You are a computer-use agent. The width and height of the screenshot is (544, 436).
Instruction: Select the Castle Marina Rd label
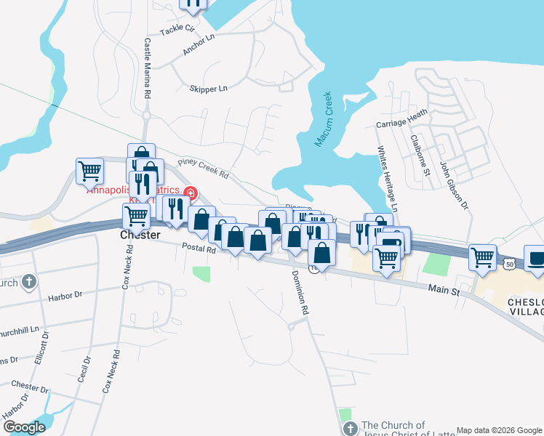coord(147,68)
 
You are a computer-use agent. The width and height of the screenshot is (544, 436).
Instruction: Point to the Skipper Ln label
coord(208,88)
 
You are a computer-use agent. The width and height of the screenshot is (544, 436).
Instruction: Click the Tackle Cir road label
coord(178,30)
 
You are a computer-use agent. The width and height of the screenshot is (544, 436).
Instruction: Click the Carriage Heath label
coord(401,119)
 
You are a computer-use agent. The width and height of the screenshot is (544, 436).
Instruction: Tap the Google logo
coord(24,427)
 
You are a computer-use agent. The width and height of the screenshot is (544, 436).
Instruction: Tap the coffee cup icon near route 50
coord(536,259)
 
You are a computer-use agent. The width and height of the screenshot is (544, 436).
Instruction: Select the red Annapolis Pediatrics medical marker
coord(191,193)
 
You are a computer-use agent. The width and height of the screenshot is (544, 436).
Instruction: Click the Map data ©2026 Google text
coord(498,430)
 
